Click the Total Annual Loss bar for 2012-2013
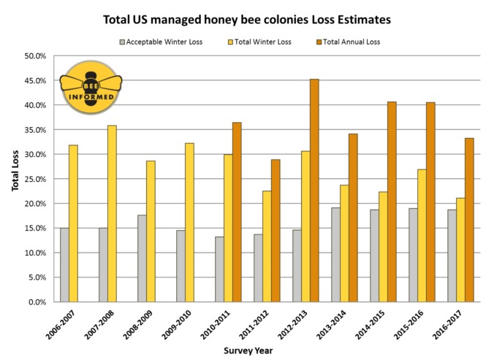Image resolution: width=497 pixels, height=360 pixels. (x=314, y=190)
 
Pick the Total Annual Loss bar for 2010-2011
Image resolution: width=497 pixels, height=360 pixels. (x=237, y=212)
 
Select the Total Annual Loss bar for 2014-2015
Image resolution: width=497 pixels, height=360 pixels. (x=392, y=202)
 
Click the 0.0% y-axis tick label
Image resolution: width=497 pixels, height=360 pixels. (x=36, y=302)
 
